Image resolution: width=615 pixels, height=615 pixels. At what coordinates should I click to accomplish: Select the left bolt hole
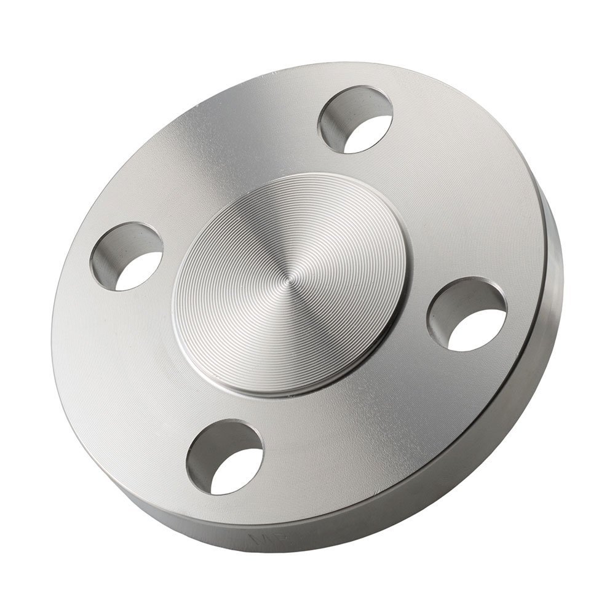[x=127, y=256]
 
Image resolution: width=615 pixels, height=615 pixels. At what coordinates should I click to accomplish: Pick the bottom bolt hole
[x=224, y=457]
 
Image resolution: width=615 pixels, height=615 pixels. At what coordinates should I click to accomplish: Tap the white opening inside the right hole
[x=477, y=330]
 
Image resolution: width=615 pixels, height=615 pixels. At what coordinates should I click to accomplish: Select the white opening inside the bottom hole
[x=236, y=472]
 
